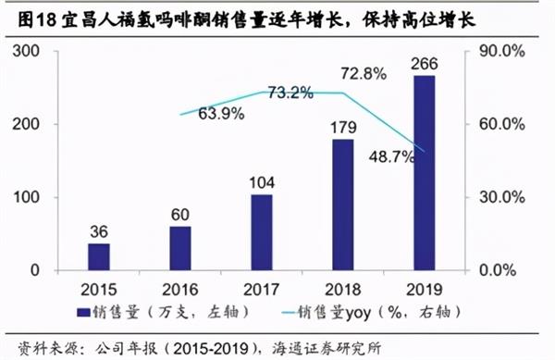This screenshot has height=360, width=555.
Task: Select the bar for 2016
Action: pyautogui.click(x=179, y=248)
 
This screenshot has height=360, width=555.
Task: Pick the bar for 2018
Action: pyautogui.click(x=342, y=205)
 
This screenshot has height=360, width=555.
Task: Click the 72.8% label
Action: pyautogui.click(x=364, y=73)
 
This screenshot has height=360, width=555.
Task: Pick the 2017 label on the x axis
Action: pyautogui.click(x=261, y=287)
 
